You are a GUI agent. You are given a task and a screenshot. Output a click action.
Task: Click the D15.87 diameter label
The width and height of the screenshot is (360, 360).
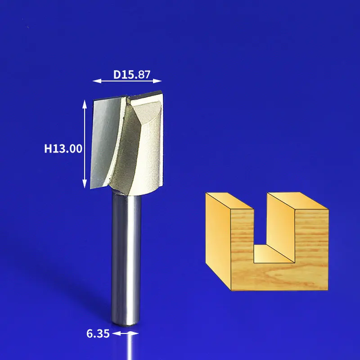click(x=132, y=74)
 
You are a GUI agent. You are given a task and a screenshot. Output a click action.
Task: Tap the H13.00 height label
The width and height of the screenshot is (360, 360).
click(x=63, y=148)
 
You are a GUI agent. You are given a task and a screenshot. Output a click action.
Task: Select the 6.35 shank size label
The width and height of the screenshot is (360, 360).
click(x=98, y=333)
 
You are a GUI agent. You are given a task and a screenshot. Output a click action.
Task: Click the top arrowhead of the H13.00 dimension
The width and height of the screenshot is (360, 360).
click(x=85, y=104)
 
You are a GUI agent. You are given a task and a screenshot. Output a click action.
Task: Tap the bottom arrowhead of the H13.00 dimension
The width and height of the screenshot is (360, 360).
click(x=85, y=184)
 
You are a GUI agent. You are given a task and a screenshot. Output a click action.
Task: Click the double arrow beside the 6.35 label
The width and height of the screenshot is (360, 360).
click(x=126, y=333)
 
